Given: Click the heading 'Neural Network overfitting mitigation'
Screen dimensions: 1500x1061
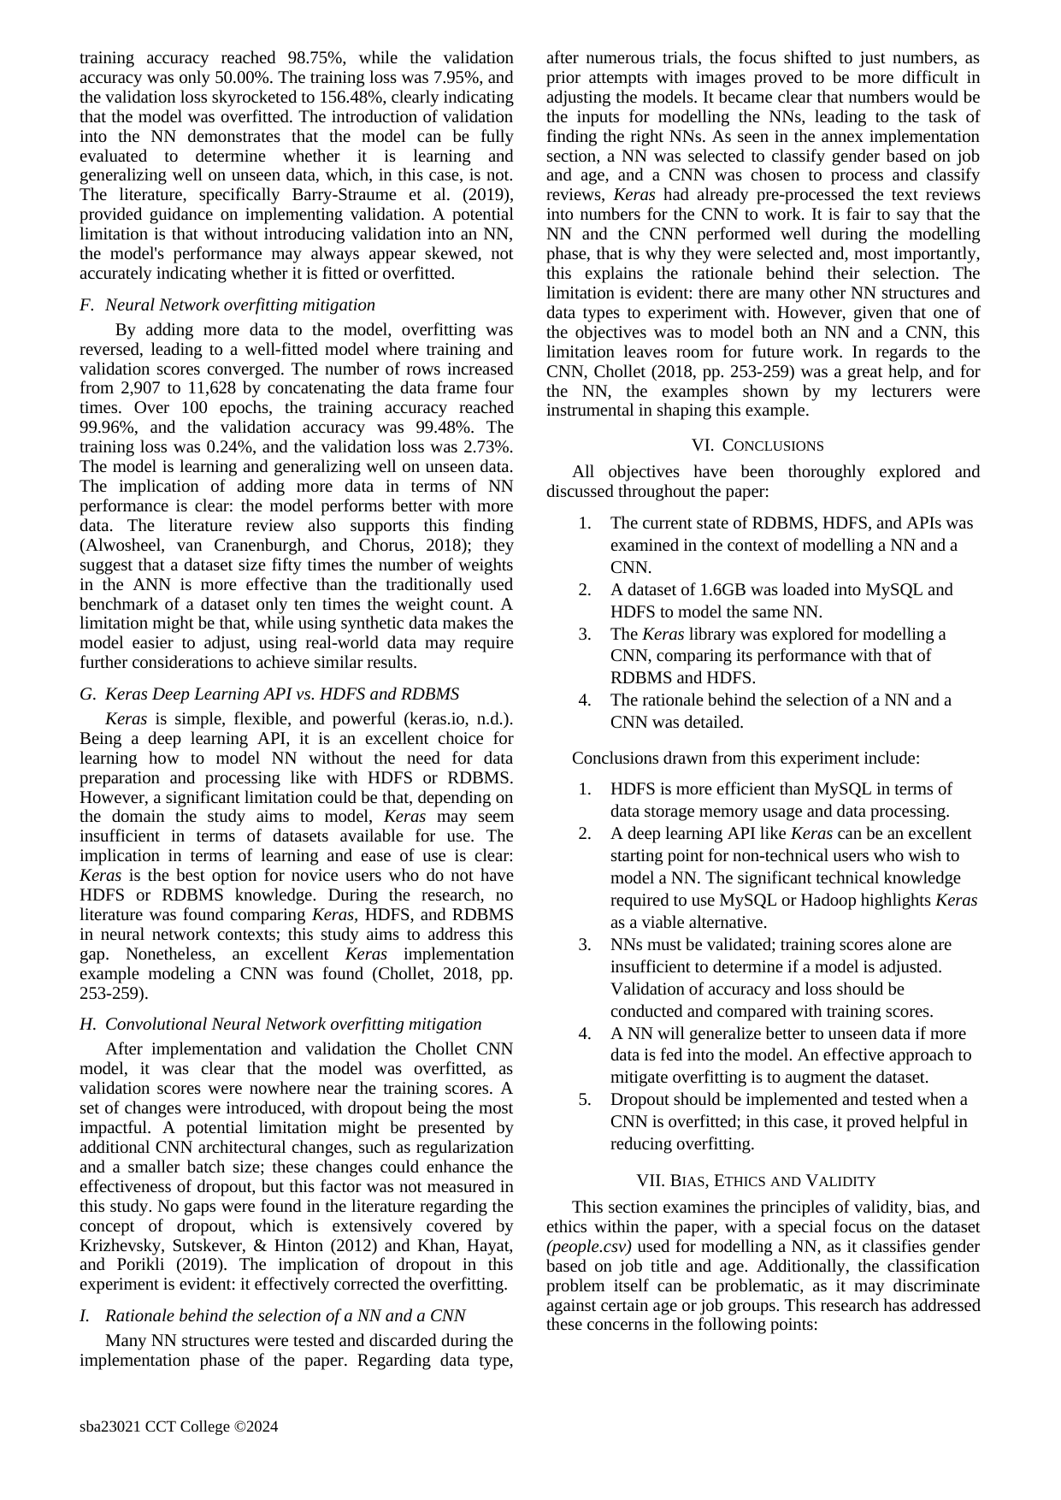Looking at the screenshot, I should pos(240,305).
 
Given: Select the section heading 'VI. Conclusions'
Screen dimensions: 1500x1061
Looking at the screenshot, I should pos(757,446).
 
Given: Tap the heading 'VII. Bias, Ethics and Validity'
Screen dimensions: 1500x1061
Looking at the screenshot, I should pos(756,1181).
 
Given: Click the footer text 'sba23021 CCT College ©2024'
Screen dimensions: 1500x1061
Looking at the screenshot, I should pos(179,1426).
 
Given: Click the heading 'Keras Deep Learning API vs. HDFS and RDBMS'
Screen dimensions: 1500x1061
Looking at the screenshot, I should pos(282,694).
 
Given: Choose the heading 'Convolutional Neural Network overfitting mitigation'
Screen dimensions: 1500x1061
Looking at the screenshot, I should pos(293,1025).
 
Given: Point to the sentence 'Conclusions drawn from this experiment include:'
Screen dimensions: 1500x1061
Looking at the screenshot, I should pos(746,758).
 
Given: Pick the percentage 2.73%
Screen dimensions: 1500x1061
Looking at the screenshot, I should pos(484,447).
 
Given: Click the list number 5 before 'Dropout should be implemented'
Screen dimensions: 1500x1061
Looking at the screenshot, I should pos(585,1100).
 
